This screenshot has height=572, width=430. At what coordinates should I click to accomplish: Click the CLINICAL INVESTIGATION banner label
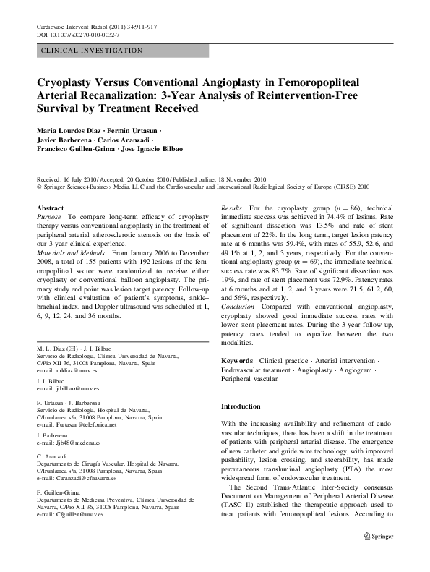tap(92, 51)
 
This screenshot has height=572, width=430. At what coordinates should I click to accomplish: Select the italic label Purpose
tap(50, 216)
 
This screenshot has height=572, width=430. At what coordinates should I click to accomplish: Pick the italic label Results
tap(232, 207)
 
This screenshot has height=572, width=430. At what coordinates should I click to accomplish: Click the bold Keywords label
tap(236, 360)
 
